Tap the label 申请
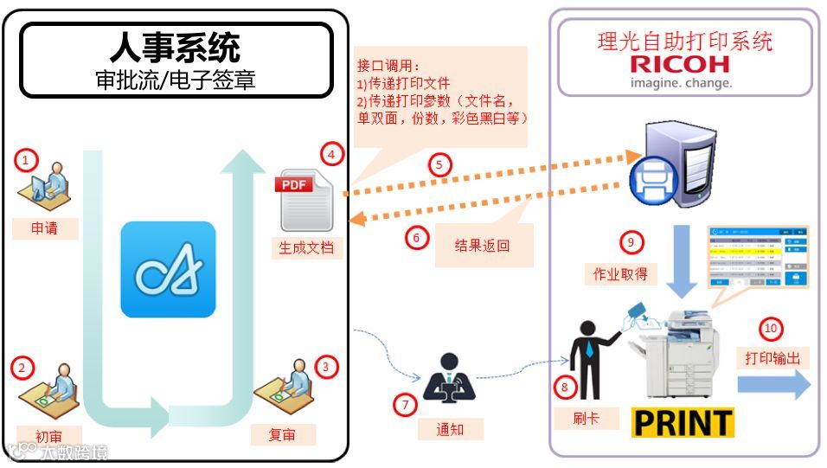(x=44, y=229)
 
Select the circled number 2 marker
(x=22, y=367)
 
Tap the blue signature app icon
(x=168, y=270)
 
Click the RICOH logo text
(x=680, y=64)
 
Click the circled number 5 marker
(x=440, y=163)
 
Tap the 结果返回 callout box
(x=483, y=245)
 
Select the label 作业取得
(x=620, y=273)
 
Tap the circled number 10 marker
(x=770, y=329)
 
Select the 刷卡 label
(x=586, y=419)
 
